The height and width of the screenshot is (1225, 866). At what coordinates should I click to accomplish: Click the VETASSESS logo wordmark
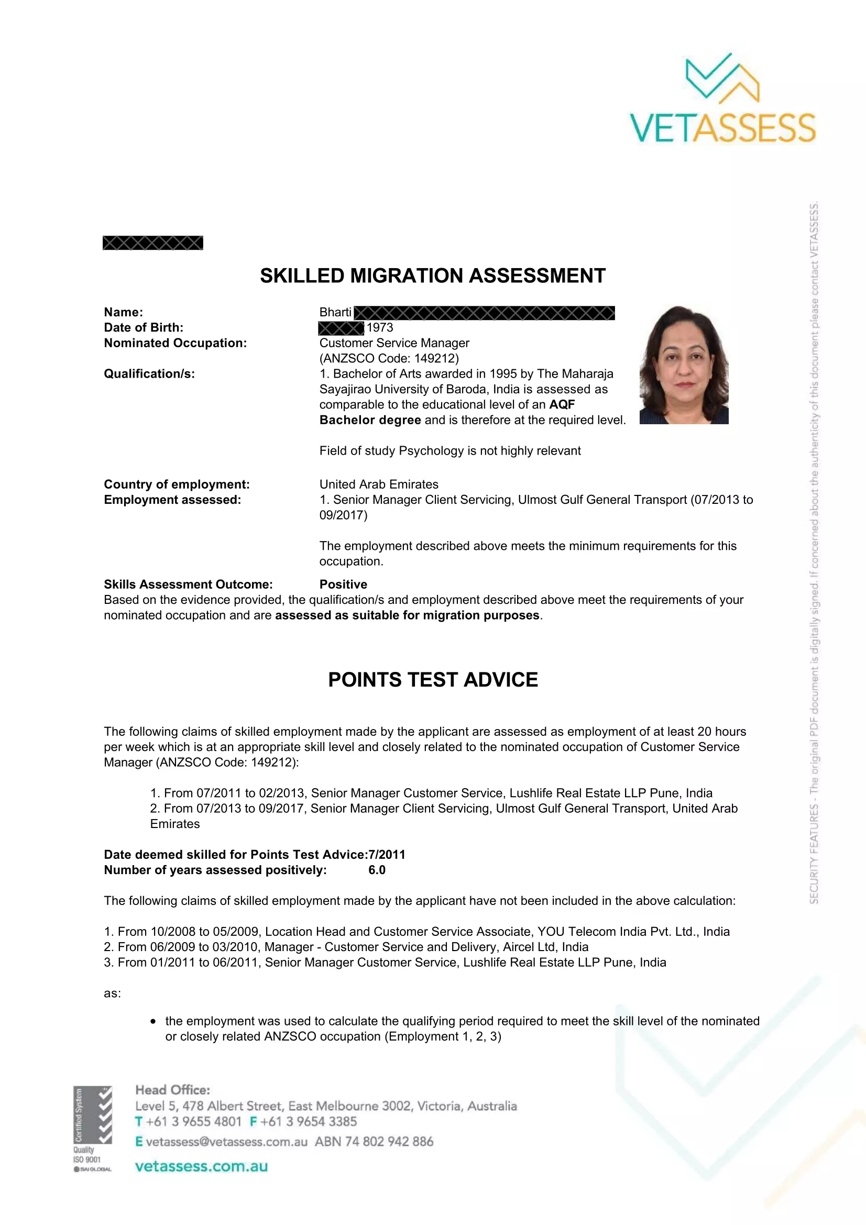coord(722,128)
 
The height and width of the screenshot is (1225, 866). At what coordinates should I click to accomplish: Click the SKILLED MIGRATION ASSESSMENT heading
coord(433,276)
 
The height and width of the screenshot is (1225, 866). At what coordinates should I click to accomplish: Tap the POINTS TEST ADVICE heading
coord(433,680)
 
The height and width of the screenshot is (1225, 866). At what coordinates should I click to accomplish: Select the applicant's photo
coord(684,365)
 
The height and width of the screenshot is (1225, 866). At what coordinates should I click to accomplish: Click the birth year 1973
coord(380,327)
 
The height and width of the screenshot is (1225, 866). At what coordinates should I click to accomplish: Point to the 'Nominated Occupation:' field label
coord(175,343)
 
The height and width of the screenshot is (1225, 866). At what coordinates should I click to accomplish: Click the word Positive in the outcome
coord(343,584)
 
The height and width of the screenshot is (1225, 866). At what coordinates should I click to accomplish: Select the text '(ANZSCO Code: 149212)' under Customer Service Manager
coord(389,359)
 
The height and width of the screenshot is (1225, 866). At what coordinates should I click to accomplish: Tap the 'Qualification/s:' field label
coord(149,374)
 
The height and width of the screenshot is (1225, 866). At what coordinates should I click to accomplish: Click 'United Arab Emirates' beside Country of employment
coord(379,484)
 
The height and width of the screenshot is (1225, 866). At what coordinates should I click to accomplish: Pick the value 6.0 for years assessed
coord(377,870)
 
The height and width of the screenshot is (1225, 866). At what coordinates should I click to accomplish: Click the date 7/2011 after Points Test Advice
coord(387,855)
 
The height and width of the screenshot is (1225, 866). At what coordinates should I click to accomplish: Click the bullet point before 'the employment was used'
coord(153,1022)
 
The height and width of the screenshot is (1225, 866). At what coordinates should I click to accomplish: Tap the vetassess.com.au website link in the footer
coord(201,1166)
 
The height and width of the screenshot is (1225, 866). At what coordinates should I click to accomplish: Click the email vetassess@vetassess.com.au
coord(226,1142)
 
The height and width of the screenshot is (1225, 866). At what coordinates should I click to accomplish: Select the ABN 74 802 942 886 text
coord(374,1142)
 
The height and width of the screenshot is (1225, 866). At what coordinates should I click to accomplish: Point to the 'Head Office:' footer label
coord(172,1090)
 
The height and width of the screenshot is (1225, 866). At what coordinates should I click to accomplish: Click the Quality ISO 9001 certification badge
coord(92,1129)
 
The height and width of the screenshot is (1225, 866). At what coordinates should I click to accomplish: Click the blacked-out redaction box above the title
coord(152,243)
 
